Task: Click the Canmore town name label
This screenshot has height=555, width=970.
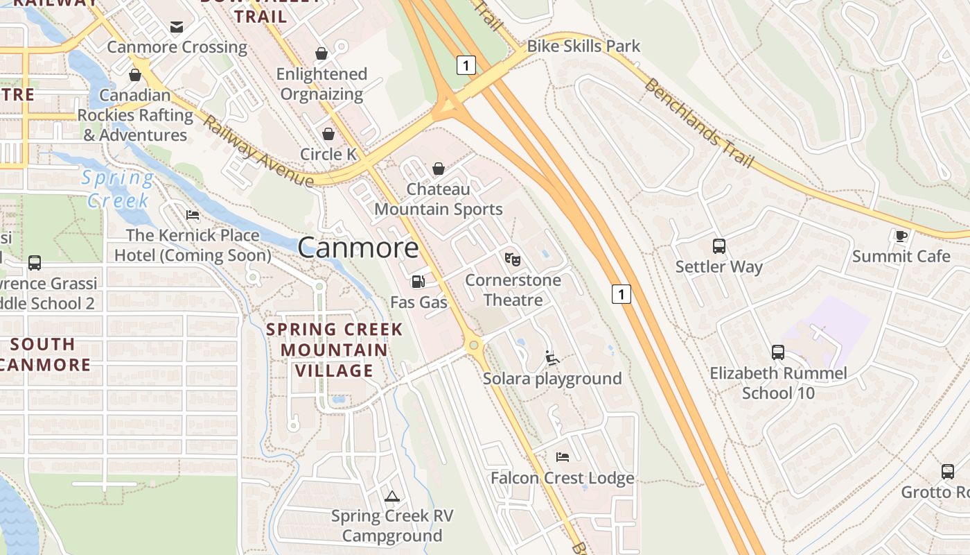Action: click(358, 248)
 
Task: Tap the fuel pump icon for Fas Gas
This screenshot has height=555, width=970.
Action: click(418, 281)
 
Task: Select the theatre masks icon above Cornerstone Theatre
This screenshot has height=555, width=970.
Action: click(512, 259)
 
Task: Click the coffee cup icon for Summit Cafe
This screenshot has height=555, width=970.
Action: click(900, 236)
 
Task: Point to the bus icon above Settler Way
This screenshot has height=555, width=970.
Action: click(719, 246)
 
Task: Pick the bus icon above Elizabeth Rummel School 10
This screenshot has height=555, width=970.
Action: click(778, 352)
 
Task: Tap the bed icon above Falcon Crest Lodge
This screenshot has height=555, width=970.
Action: click(563, 456)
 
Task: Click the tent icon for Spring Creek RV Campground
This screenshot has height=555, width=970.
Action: click(392, 495)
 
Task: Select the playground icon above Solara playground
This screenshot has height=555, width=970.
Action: click(552, 358)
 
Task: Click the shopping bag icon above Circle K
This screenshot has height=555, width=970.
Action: click(328, 134)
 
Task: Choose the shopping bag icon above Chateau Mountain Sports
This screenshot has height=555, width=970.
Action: click(438, 169)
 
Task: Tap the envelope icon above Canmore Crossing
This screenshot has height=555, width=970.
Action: click(177, 27)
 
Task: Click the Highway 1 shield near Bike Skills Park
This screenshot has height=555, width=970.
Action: click(466, 65)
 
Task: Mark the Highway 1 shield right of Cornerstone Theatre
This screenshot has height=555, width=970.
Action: click(621, 294)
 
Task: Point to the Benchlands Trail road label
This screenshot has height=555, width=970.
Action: click(698, 123)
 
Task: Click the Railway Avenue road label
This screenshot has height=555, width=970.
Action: click(258, 153)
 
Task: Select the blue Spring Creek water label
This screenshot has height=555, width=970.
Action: click(118, 189)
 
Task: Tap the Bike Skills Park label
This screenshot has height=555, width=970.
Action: click(583, 46)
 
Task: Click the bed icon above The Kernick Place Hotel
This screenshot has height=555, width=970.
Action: click(193, 214)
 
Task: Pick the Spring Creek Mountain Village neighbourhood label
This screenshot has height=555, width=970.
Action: click(335, 350)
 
